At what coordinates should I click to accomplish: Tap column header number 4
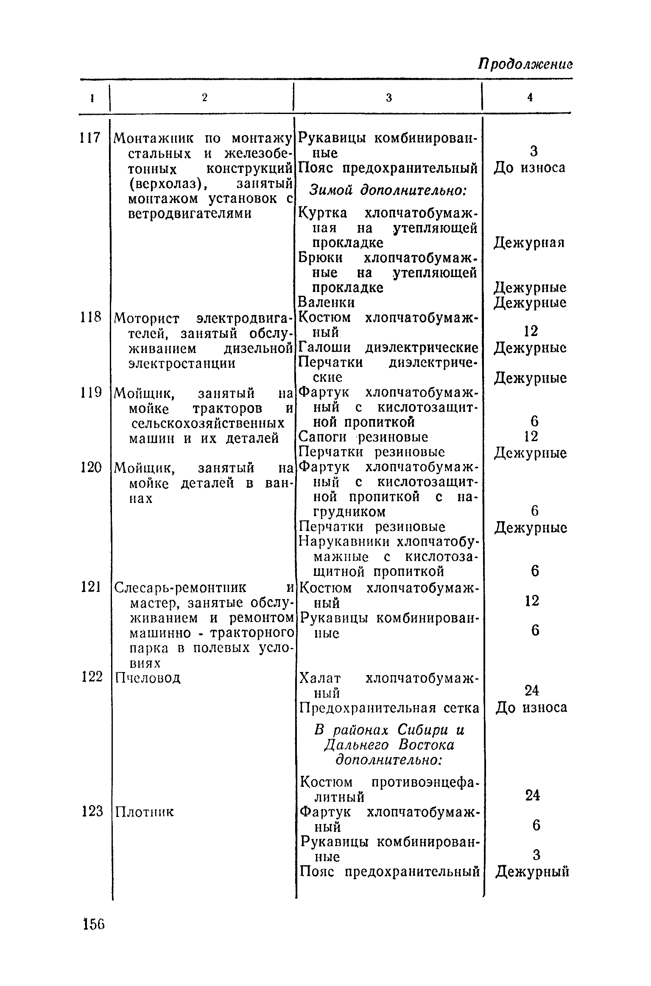pos(530,97)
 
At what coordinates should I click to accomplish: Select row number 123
pos(92,811)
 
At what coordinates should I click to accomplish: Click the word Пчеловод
pos(148,678)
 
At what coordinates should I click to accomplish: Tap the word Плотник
pos(145,812)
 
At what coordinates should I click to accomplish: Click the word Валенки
pos(327,303)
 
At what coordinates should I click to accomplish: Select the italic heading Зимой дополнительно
pos(388,191)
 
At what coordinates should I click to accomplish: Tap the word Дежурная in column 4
pos(529,243)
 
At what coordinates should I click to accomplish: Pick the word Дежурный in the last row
pos(532,872)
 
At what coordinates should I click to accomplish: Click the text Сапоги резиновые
pos(364,437)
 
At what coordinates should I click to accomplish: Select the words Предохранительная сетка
pos(389,708)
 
